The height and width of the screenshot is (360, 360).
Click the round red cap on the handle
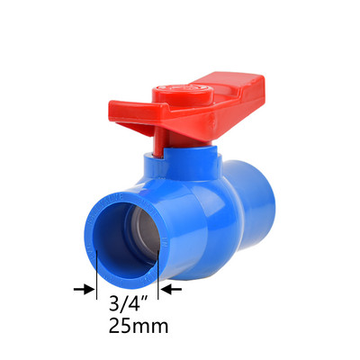tap(183, 94)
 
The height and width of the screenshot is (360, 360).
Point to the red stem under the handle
tap(159, 142)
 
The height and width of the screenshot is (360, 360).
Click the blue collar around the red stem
tap(183, 165)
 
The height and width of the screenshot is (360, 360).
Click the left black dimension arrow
tap(84, 289)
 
